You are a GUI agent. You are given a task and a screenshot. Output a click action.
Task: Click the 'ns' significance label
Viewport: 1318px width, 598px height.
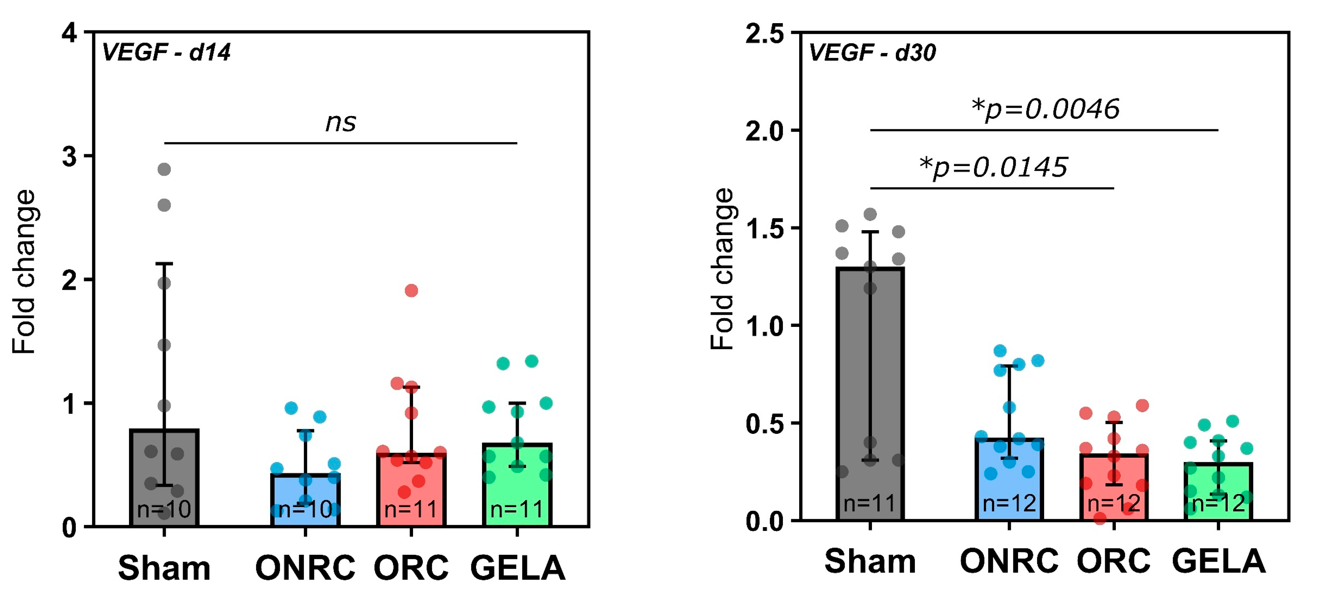(x=341, y=122)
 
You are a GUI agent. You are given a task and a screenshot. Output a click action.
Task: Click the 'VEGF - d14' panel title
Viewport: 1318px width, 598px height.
(x=166, y=53)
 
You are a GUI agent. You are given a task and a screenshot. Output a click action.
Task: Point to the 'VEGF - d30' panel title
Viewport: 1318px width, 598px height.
(x=872, y=53)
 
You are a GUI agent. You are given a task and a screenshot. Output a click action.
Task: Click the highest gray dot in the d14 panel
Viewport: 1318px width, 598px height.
(x=164, y=170)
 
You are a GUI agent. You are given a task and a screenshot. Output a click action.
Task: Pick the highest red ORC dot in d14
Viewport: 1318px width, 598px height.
(x=412, y=290)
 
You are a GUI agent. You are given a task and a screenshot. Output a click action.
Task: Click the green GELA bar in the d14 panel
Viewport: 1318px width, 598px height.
(x=517, y=485)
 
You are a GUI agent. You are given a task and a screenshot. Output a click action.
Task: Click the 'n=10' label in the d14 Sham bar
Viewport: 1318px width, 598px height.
(x=164, y=510)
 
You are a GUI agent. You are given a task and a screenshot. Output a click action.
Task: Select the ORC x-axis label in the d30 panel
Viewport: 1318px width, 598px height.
(x=1114, y=562)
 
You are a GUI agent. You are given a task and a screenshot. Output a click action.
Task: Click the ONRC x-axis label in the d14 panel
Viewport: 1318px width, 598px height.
(x=305, y=568)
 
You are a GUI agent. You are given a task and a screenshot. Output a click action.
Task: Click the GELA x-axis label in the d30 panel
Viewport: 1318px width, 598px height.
(x=1219, y=562)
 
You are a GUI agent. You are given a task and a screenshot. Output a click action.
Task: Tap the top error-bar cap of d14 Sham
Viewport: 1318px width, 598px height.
(x=164, y=264)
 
